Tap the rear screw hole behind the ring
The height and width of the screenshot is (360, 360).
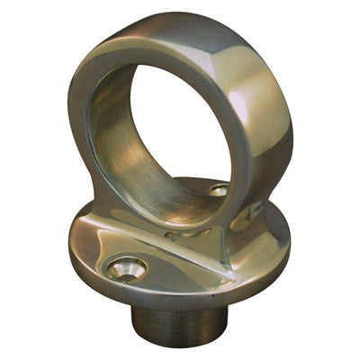pos(220,191)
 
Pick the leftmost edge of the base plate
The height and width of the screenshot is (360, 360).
pos(69,236)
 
